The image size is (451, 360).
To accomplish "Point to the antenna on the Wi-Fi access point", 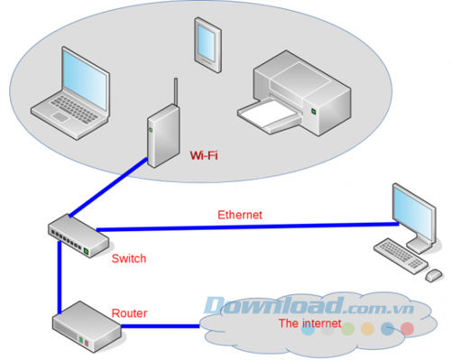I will pyautogui.click(x=173, y=97).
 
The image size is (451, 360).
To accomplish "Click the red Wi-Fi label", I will pyautogui.click(x=204, y=155).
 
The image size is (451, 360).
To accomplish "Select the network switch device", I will pyautogui.click(x=78, y=237).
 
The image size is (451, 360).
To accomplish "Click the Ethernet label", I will pyautogui.click(x=239, y=215).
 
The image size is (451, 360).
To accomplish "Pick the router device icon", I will pyautogui.click(x=85, y=328).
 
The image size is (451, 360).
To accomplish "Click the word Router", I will pyautogui.click(x=129, y=313).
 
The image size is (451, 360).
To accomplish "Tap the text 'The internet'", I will pyautogui.click(x=309, y=323).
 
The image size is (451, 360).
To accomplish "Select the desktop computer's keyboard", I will pyautogui.click(x=400, y=254).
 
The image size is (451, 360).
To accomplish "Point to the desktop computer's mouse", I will pyautogui.click(x=433, y=273).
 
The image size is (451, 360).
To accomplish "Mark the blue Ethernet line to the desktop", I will pyautogui.click(x=244, y=226).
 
